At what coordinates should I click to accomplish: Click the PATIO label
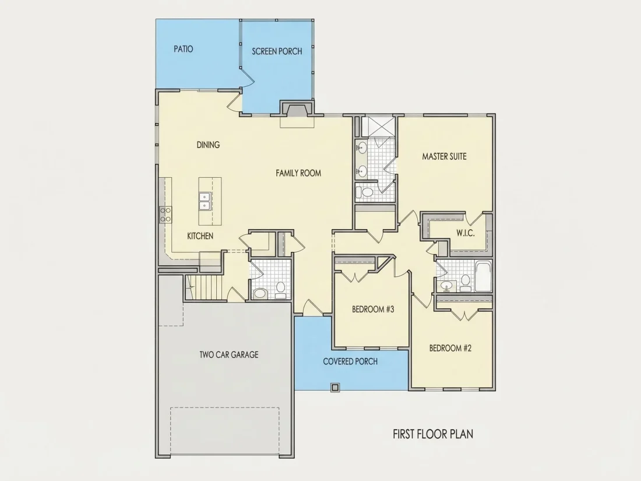tap(183, 49)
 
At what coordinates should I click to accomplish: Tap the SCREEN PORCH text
tap(277, 51)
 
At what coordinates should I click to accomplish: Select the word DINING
tap(208, 145)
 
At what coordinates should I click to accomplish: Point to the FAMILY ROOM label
tap(298, 173)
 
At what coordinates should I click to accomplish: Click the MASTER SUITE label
tap(444, 156)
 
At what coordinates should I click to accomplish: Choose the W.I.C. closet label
tap(465, 233)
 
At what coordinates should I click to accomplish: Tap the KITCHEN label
tap(200, 236)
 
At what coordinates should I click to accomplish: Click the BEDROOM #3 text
tap(373, 309)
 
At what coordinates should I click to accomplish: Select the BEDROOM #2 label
tap(450, 348)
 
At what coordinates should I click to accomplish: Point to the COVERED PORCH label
tap(350, 361)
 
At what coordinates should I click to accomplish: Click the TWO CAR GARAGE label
tap(228, 354)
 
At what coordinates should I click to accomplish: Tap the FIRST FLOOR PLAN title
tap(433, 434)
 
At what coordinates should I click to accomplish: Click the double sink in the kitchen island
tap(205, 201)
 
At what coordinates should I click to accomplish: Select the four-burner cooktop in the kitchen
tap(165, 215)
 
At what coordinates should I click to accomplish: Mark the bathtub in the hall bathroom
tap(483, 277)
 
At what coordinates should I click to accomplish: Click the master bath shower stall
tap(379, 127)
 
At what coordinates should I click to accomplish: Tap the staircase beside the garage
tap(203, 287)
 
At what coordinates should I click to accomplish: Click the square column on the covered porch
tap(335, 387)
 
